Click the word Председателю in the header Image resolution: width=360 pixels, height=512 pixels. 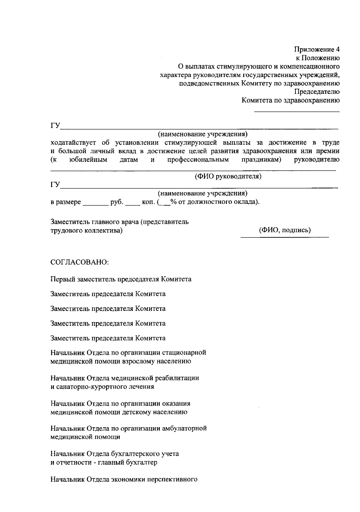317,92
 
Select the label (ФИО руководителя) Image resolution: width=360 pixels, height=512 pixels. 228,176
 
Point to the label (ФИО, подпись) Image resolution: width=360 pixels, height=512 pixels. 285,230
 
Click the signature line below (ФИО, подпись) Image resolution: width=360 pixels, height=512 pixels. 285,237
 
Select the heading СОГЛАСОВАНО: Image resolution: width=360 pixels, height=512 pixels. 79,262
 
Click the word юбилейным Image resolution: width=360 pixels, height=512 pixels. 88,160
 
